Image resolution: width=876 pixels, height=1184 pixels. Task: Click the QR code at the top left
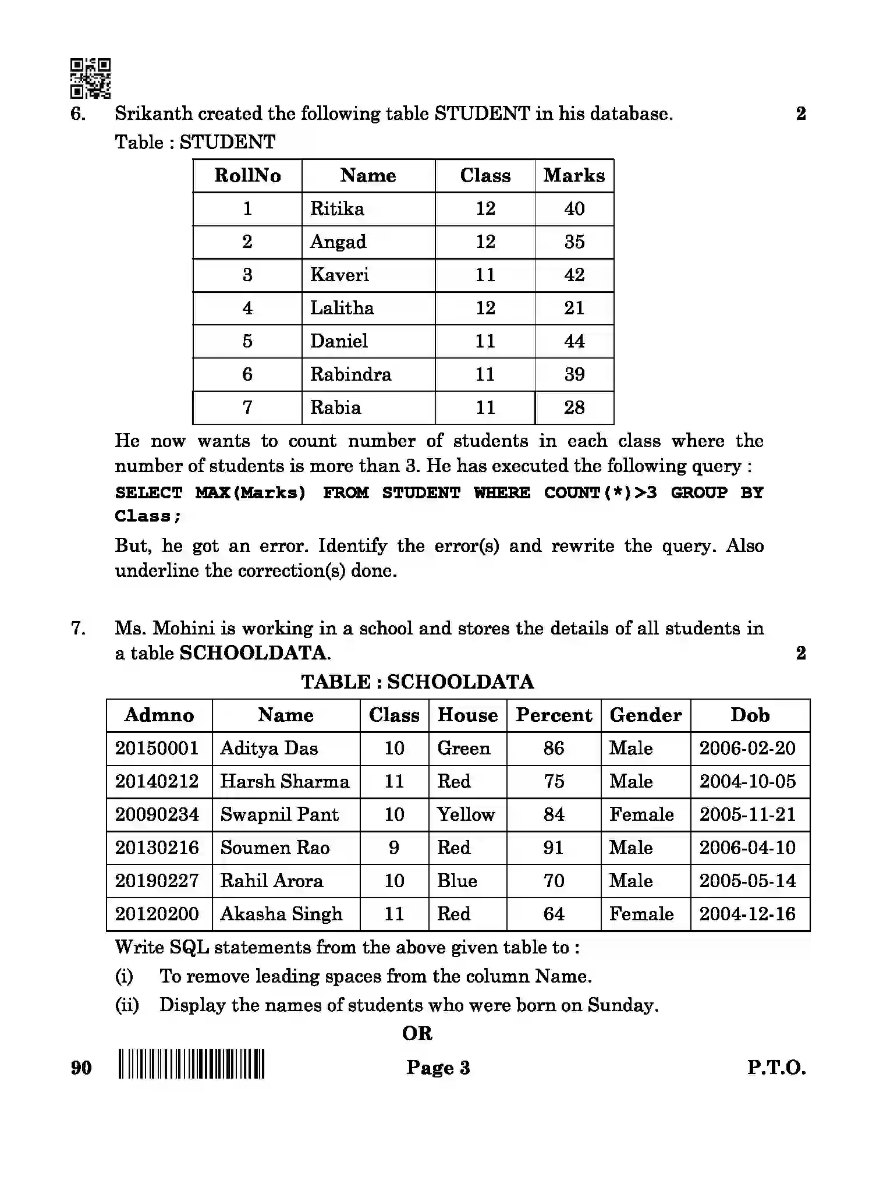[90, 78]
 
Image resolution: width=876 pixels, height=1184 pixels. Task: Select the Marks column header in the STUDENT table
[574, 175]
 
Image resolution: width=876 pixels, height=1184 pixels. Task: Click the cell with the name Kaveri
[339, 275]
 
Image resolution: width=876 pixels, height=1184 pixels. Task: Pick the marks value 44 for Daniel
[574, 341]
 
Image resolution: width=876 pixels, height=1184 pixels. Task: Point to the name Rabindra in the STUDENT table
[350, 374]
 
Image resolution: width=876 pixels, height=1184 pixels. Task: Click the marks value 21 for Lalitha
[574, 308]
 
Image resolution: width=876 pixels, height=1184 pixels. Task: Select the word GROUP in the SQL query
[698, 492]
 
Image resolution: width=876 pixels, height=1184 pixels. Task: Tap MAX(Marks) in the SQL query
[250, 492]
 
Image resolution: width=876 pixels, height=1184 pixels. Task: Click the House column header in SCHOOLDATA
[467, 715]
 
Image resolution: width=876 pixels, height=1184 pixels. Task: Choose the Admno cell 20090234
[157, 814]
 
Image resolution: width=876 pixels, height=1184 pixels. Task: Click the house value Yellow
[466, 814]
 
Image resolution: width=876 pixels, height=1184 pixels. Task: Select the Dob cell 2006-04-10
[747, 848]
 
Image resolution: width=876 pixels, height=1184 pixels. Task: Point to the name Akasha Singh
[281, 914]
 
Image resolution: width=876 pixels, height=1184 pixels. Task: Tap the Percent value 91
[554, 848]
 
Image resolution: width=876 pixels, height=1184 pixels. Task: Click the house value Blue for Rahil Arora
[457, 881]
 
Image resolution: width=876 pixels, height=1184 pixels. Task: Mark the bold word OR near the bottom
[417, 1033]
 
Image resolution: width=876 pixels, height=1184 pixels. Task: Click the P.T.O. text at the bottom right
[776, 1068]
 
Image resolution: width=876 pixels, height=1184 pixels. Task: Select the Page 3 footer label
[438, 1068]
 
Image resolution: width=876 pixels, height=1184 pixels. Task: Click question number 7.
[79, 628]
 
